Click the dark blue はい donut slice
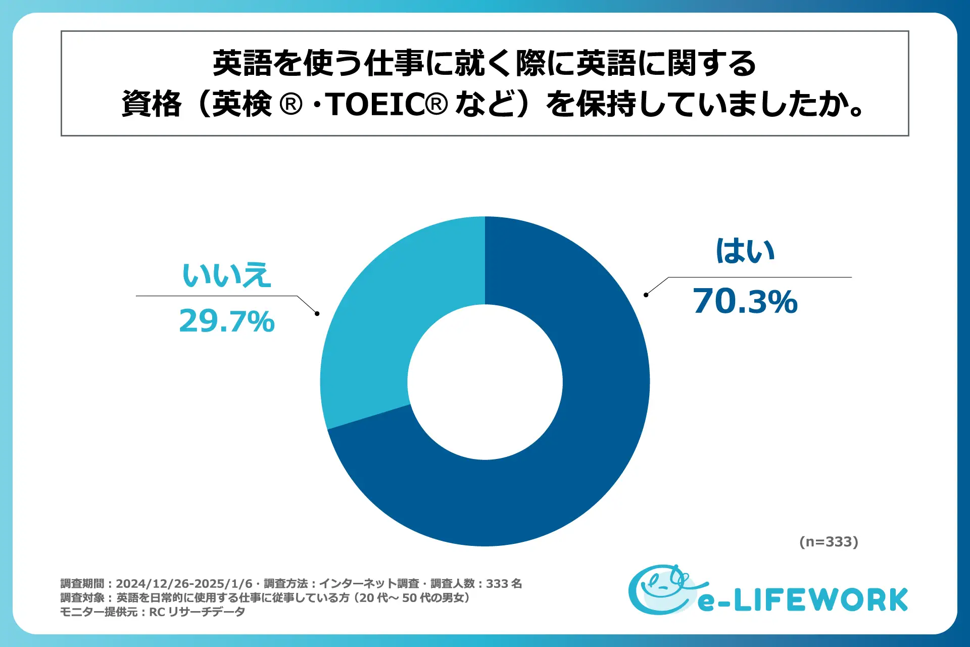581,455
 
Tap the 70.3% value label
745,302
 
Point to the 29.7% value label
226,321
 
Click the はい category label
745,251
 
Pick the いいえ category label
226,275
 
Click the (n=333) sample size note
829,542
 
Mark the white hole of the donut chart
485,382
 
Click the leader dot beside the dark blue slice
646,295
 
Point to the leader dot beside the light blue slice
317,313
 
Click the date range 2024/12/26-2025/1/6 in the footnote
184,584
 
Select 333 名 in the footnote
504,584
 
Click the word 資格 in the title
151,105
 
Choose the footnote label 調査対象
82,598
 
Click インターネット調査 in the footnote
369,584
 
